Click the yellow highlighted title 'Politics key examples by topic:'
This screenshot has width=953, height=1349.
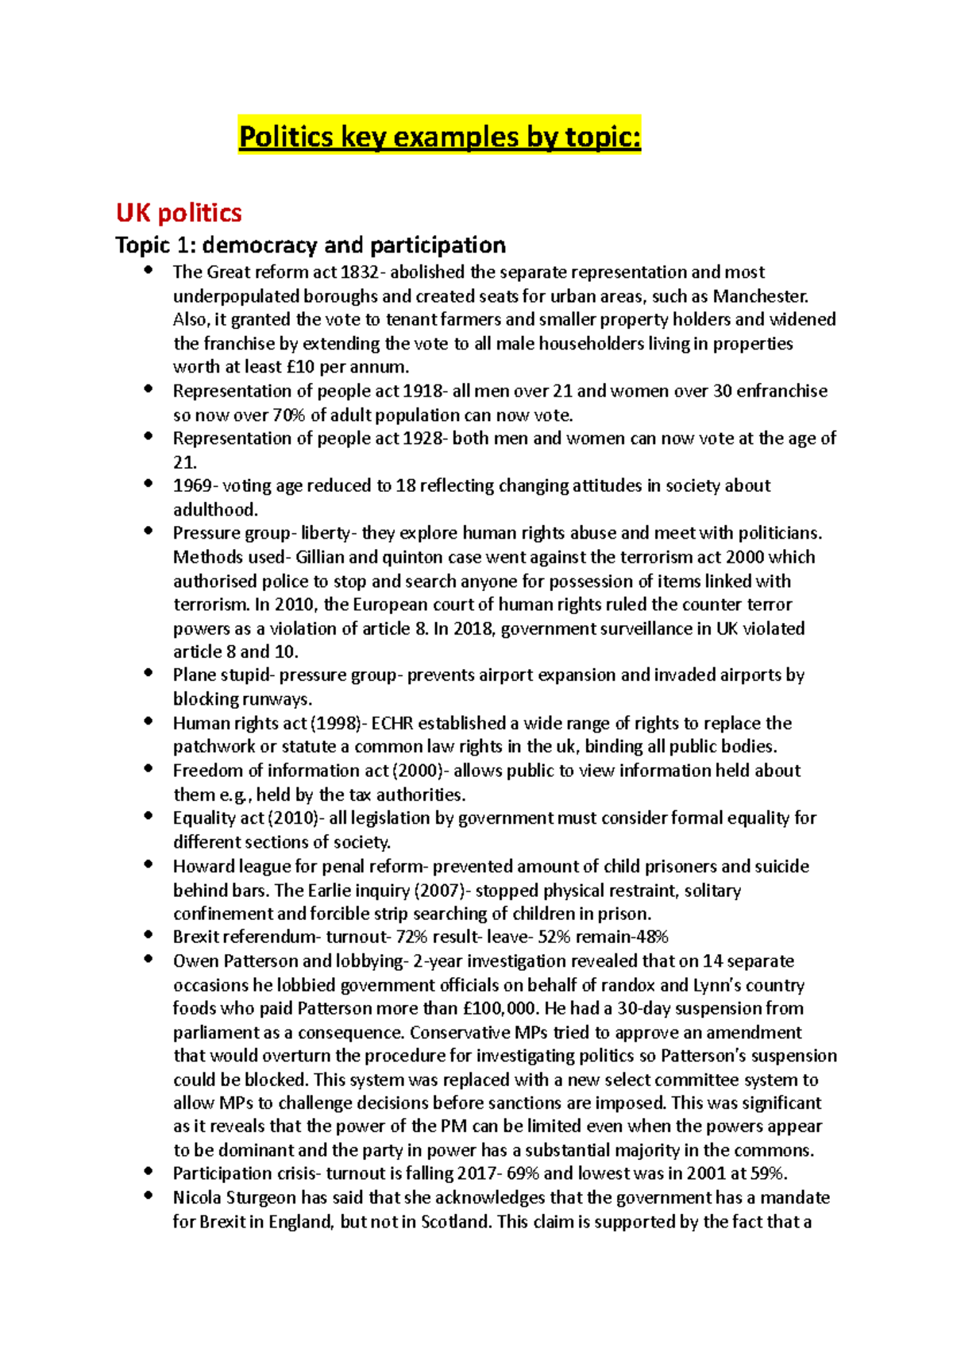pyautogui.click(x=439, y=137)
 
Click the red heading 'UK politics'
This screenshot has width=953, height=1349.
pyautogui.click(x=179, y=213)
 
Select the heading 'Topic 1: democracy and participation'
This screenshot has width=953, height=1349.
pyautogui.click(x=311, y=245)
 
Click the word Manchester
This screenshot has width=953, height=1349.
pyautogui.click(x=759, y=296)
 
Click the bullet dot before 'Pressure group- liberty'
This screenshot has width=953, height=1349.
pyautogui.click(x=148, y=531)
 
